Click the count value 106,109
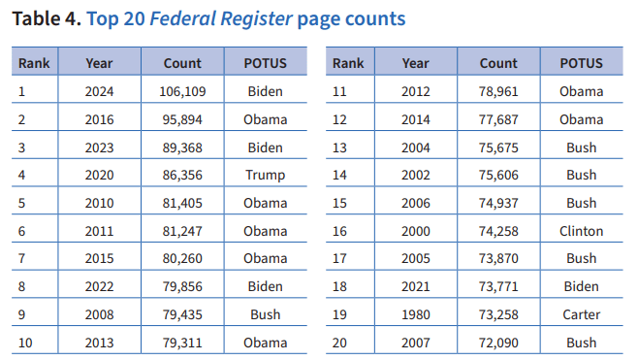click(182, 91)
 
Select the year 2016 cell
click(99, 119)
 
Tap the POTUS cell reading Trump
click(265, 176)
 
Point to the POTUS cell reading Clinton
click(581, 231)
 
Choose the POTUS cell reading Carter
click(581, 315)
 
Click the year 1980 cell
click(415, 315)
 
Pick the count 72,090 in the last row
click(498, 344)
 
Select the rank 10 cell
click(27, 344)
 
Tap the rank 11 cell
click(340, 91)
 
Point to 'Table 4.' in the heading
click(44, 18)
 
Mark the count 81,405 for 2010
click(182, 204)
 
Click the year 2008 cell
click(99, 315)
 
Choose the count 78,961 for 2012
click(498, 91)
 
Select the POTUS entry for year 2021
click(581, 287)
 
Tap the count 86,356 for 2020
click(182, 176)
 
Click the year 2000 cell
click(415, 231)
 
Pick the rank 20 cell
click(341, 344)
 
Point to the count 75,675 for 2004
click(498, 147)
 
